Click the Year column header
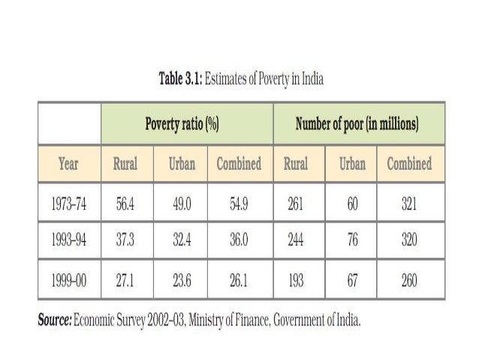click(68, 164)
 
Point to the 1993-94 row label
click(68, 241)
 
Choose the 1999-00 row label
click(68, 281)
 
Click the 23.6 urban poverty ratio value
click(181, 281)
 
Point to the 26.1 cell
click(239, 281)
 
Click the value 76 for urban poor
click(352, 241)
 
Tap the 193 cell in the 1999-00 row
click(296, 281)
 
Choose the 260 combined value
click(409, 281)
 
